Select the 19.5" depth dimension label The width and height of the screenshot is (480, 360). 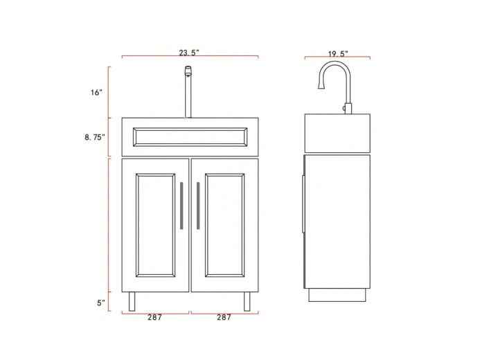pos(337,53)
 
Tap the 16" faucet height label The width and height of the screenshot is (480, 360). pos(96,92)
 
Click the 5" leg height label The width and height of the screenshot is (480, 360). pos(101,303)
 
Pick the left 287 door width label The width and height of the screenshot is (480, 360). pos(154,318)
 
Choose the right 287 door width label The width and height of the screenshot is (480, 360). pos(224,318)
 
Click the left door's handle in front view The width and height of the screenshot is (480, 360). pos(181,206)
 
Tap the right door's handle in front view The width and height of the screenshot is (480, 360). pos(198,206)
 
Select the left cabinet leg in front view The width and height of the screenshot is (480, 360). pos(132,301)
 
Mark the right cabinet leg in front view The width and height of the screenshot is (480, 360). pos(247,301)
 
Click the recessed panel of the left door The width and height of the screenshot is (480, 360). pos(156,225)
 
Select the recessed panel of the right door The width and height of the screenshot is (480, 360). pos(224,225)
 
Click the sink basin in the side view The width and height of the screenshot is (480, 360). pos(337,133)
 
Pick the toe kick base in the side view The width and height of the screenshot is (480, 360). pos(337,296)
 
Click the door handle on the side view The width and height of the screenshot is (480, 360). pos(303,204)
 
